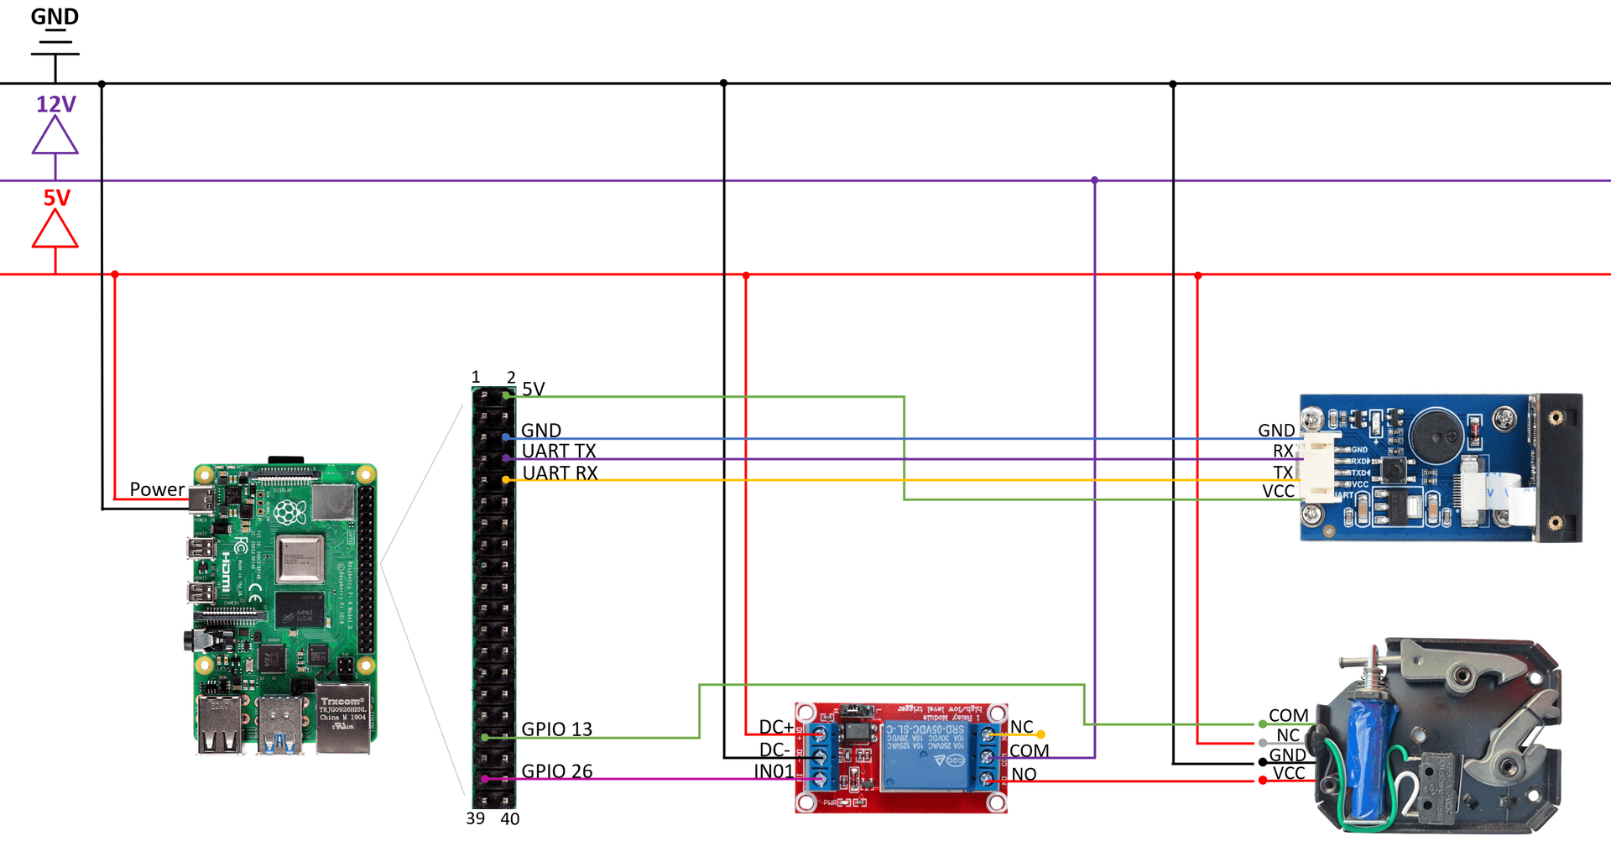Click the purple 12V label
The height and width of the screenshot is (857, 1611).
(55, 104)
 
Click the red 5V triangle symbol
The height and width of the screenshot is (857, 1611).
(55, 229)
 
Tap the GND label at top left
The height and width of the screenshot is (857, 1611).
(55, 17)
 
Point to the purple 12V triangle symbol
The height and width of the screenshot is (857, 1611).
(55, 136)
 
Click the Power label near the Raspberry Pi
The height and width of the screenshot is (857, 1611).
(157, 489)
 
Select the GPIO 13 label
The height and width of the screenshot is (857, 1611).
(556, 729)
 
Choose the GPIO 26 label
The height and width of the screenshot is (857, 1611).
(556, 771)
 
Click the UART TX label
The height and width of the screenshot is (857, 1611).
(559, 452)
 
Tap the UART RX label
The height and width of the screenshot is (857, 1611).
(560, 473)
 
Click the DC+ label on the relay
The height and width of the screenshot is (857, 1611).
(775, 727)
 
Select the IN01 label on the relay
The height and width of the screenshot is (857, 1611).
(773, 771)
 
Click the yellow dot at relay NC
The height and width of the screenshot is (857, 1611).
(1041, 734)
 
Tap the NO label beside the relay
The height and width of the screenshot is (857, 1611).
(1024, 775)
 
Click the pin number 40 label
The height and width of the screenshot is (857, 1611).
(509, 819)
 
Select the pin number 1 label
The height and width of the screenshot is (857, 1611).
(476, 377)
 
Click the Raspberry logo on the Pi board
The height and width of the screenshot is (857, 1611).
(289, 511)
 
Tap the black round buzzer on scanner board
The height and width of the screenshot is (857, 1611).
(1437, 435)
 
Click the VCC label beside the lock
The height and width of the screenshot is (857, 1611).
(1289, 773)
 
